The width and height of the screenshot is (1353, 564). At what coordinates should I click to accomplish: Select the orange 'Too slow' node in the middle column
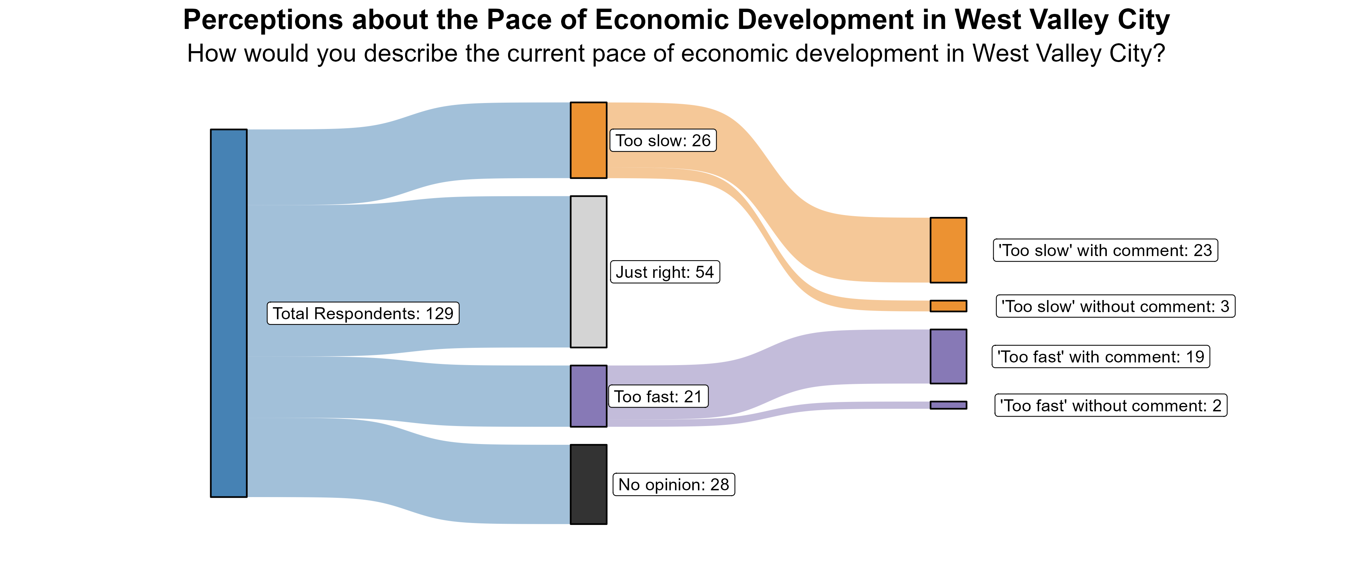(588, 140)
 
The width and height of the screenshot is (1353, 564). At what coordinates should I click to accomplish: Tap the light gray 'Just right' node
(588, 272)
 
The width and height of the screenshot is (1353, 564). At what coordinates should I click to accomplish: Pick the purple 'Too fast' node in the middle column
(588, 396)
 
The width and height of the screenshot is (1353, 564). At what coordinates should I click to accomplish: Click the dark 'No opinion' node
(588, 484)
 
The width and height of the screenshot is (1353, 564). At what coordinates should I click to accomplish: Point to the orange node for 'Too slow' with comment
(948, 250)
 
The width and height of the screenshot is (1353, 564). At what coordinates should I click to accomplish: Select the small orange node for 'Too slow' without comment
(948, 306)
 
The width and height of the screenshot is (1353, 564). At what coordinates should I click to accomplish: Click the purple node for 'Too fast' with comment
(948, 356)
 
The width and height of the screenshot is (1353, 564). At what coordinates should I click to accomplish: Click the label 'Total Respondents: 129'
(363, 313)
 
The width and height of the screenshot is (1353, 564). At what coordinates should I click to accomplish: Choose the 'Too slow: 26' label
(663, 140)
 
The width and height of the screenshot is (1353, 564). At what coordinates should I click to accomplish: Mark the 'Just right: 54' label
(664, 272)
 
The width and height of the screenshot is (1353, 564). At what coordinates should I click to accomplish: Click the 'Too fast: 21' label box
(658, 396)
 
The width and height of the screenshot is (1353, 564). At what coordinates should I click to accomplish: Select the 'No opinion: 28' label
(673, 484)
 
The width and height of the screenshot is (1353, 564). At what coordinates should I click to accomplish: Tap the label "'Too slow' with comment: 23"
(1105, 250)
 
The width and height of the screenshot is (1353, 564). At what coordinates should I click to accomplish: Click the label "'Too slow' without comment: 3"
(1115, 306)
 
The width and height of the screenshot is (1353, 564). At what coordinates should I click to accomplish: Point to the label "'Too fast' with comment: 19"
(1100, 357)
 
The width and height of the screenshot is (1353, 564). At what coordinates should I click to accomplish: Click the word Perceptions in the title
(263, 21)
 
